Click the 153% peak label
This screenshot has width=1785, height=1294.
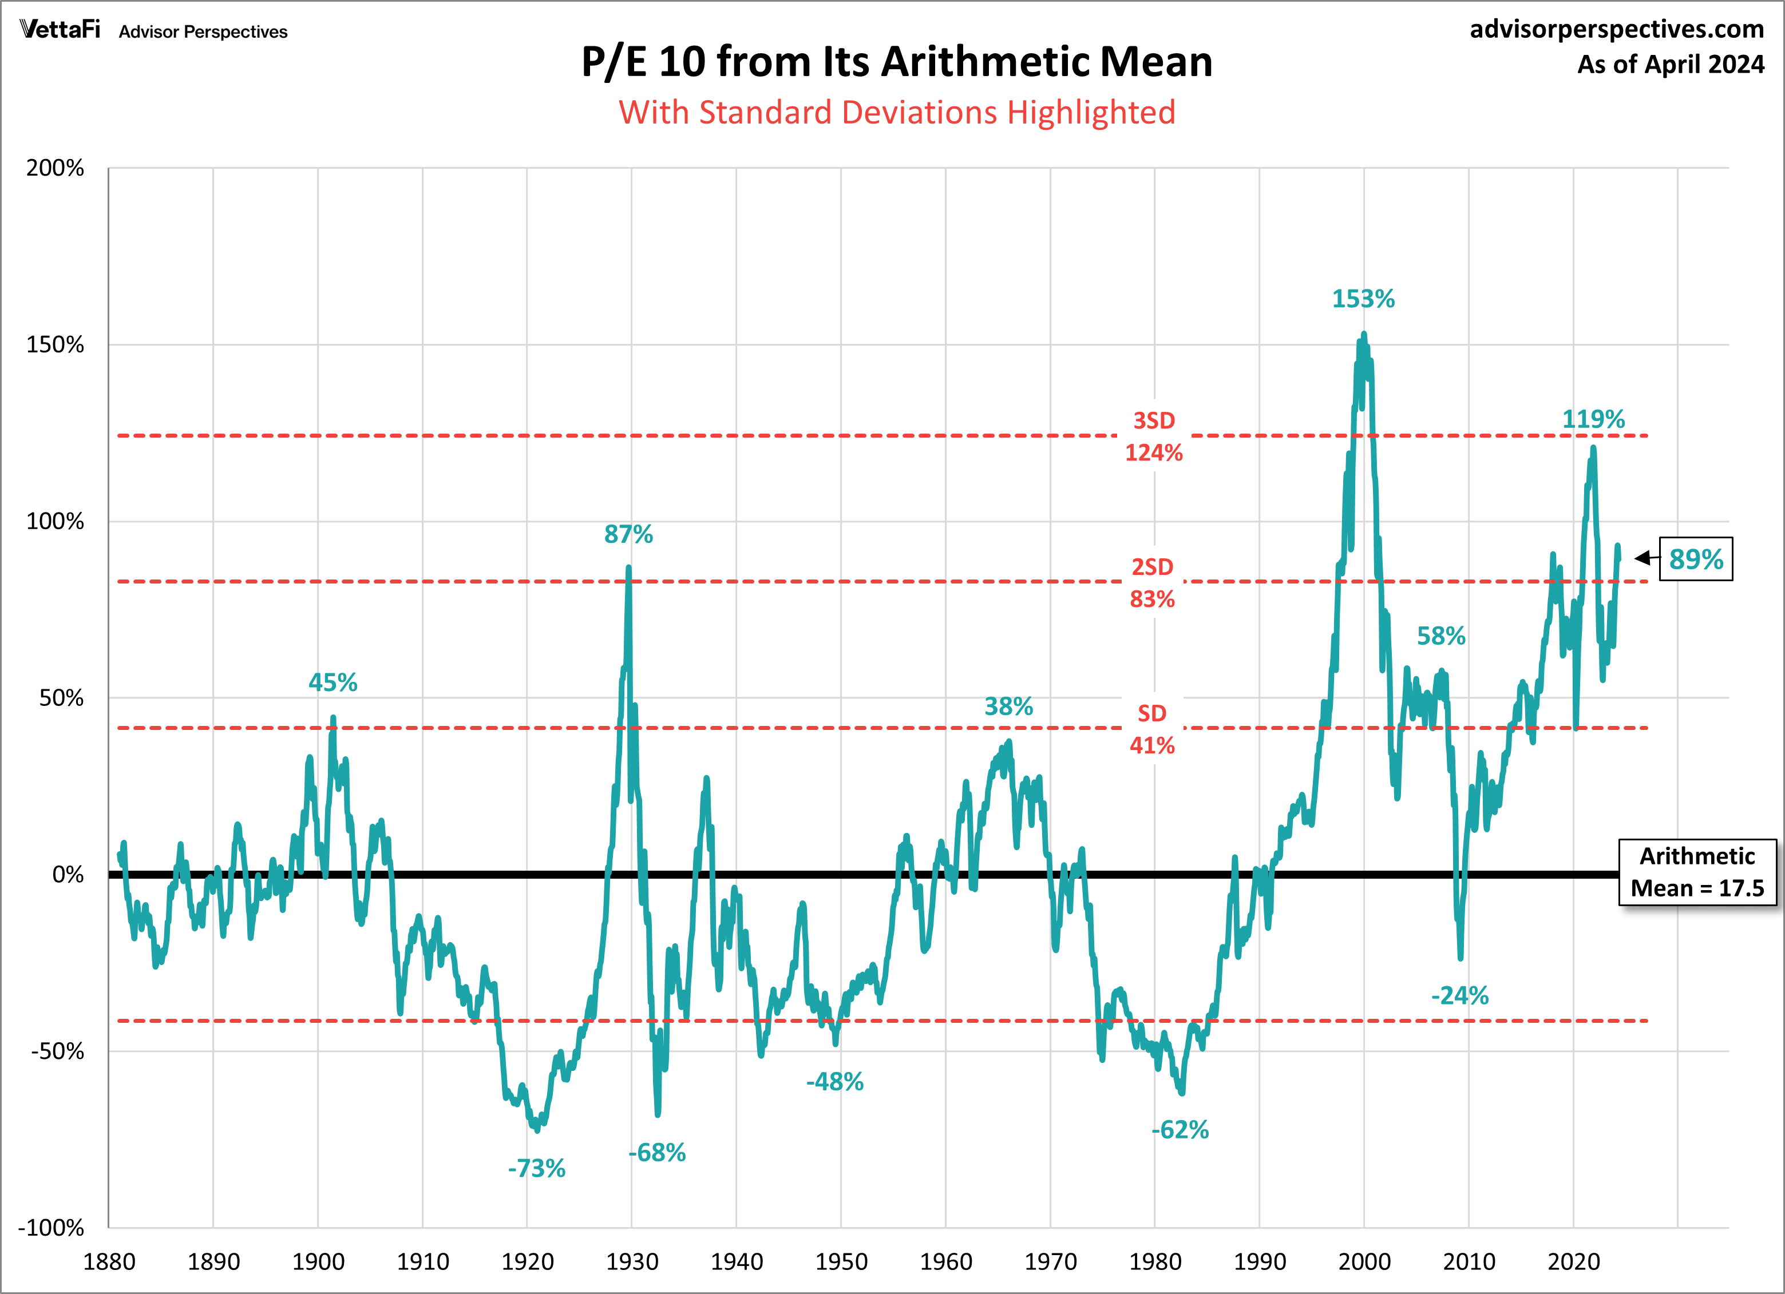[1363, 299]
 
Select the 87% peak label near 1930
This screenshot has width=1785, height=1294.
[628, 535]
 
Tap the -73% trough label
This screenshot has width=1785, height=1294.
[536, 1169]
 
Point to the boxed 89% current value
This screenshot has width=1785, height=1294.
[1696, 559]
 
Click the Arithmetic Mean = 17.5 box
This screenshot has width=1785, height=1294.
[1697, 872]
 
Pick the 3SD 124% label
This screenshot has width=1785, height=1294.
[1154, 436]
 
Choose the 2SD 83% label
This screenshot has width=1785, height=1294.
[1152, 583]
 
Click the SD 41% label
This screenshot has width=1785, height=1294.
[1152, 729]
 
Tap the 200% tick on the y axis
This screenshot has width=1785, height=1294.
[55, 168]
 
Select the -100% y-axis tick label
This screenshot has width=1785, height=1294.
[51, 1228]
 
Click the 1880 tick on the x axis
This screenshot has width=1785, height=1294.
[109, 1263]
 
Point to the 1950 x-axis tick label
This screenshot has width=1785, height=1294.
[841, 1263]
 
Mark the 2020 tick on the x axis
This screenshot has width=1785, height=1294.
[1573, 1263]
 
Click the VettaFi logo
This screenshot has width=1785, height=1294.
[61, 30]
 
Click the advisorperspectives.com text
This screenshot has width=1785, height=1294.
[1617, 29]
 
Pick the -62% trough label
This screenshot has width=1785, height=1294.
[1180, 1130]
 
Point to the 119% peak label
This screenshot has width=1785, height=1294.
[1593, 419]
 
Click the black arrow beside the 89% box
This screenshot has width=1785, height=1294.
[1642, 558]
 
